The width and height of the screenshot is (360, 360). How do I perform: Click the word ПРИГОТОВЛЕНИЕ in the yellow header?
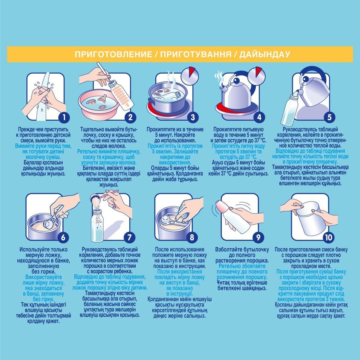pos(113,54)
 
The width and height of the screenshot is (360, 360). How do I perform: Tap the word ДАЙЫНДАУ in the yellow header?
pos(265,54)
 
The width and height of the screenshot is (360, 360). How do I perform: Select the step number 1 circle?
pos(64,117)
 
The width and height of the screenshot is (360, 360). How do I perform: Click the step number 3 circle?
pos(193,117)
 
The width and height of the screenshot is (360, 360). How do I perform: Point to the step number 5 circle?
pos(329,117)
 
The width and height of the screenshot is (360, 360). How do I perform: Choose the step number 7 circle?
pos(129,237)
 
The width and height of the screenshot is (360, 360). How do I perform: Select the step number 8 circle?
pos(192,237)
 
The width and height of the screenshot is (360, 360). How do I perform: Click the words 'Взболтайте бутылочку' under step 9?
pos(242,250)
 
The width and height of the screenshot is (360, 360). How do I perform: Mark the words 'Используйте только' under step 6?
pos(43,250)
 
